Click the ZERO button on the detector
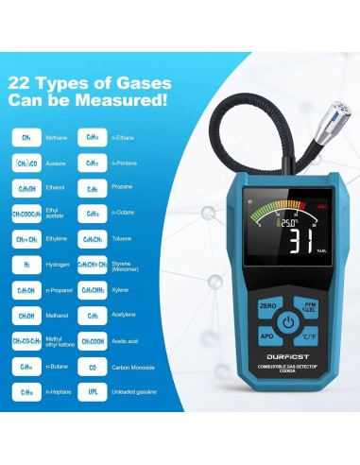(267, 307)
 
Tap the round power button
(288, 322)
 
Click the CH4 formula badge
(26, 137)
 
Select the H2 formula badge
(26, 266)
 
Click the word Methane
(57, 137)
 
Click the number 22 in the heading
(23, 82)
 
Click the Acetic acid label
(129, 339)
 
